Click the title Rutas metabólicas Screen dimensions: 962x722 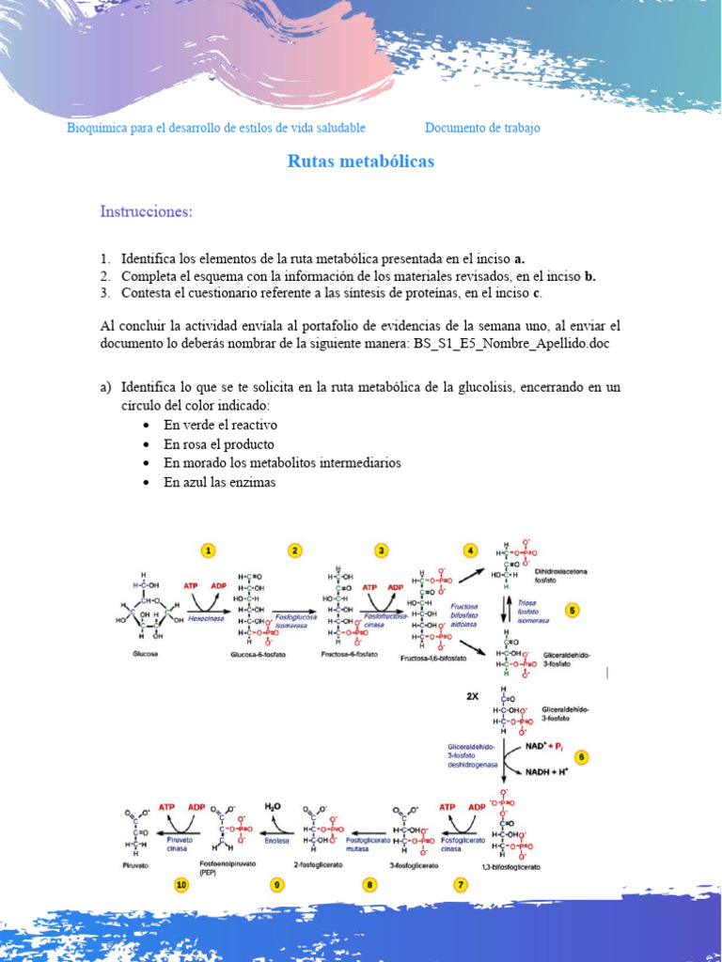click(360, 162)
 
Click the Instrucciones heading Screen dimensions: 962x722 click(146, 211)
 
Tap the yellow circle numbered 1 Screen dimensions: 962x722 click(209, 551)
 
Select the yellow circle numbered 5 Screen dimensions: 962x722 click(573, 610)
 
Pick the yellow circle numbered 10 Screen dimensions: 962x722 click(181, 884)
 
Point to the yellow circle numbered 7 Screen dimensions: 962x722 click(461, 884)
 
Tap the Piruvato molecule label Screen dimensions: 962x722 click(138, 860)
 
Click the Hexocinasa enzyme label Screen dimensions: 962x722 click(204, 619)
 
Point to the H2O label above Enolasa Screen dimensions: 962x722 click(273, 806)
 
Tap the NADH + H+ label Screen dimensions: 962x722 click(546, 771)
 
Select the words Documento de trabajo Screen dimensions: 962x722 click(482, 128)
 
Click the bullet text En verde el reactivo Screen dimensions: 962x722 click(220, 425)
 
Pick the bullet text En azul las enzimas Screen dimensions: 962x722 click(219, 482)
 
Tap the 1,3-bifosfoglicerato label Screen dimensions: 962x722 click(509, 867)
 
